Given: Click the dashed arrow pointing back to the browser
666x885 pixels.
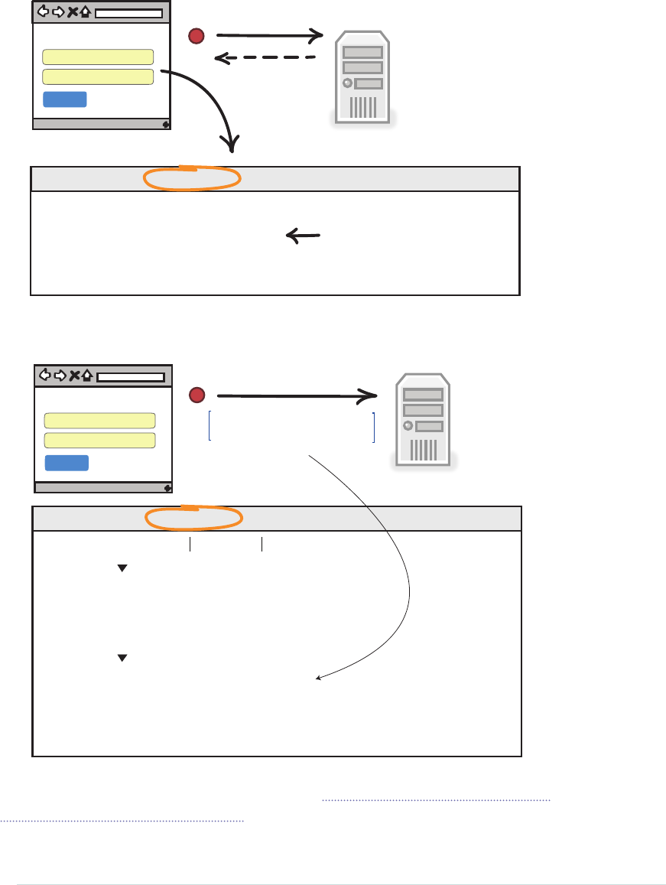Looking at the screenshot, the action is click(x=265, y=57).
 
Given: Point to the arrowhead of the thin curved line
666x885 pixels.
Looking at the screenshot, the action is click(x=319, y=677).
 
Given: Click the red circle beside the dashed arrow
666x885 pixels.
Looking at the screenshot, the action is click(x=198, y=35).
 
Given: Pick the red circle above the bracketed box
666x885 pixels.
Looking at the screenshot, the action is click(x=197, y=395).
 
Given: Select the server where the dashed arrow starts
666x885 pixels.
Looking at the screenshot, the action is click(x=362, y=77).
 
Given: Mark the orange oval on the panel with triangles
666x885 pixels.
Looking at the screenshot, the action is click(x=193, y=518).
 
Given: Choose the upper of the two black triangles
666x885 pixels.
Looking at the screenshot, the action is click(x=121, y=568).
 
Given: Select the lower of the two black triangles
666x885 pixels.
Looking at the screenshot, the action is click(x=121, y=658).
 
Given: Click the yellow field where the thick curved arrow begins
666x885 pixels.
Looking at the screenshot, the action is click(x=98, y=76).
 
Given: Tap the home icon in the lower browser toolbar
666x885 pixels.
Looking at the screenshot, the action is click(x=88, y=376).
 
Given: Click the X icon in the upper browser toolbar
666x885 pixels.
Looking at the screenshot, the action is click(x=72, y=12).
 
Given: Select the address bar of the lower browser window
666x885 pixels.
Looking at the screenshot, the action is click(x=131, y=377).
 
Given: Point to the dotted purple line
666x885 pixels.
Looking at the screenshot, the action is click(x=436, y=799).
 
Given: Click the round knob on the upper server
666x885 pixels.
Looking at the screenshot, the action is click(x=349, y=83).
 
